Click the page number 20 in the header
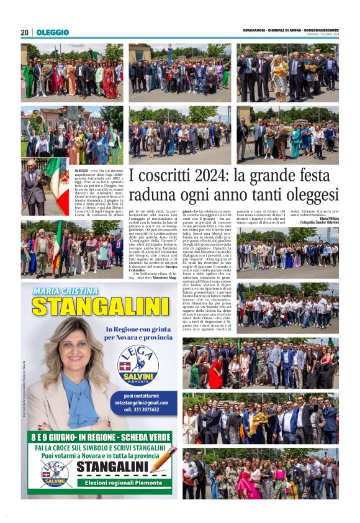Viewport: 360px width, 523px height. (x=24, y=32)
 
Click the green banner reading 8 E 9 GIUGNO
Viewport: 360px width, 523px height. (x=99, y=437)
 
